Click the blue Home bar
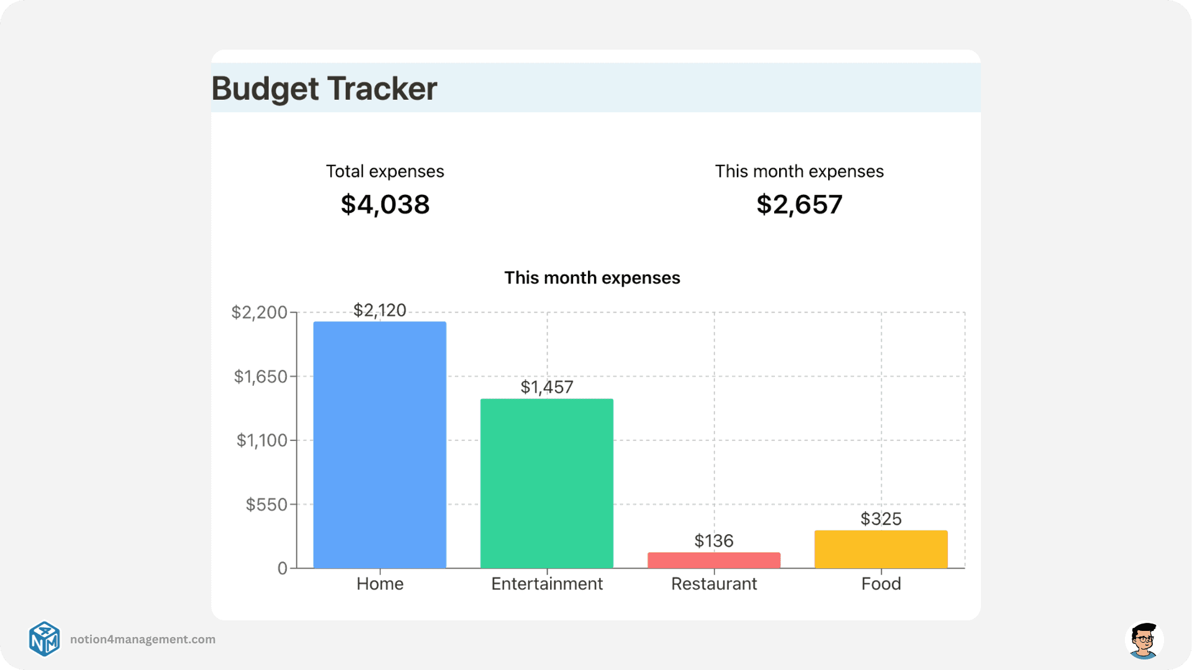379,444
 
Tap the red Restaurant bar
714,560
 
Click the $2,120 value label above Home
379,310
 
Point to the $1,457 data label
546,387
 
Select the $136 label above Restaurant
714,541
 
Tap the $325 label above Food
880,519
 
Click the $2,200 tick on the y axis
259,312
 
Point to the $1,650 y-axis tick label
260,377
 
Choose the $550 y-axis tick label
266,504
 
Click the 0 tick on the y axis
282,568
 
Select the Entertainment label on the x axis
546,584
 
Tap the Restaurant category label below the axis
714,584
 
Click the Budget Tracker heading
324,88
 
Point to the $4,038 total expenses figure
385,205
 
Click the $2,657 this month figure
799,205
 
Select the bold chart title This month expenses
592,277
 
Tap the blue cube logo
45,639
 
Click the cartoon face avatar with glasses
1144,640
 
